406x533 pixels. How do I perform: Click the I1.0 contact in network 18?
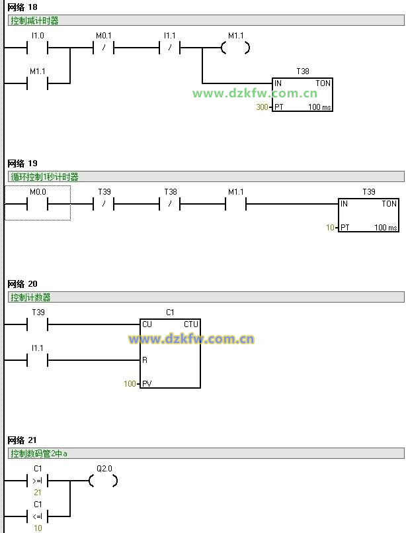pyautogui.click(x=37, y=48)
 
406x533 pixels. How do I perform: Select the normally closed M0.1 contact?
pyautogui.click(x=104, y=48)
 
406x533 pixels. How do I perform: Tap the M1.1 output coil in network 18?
pyautogui.click(x=235, y=48)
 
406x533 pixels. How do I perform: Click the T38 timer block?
pyautogui.click(x=302, y=95)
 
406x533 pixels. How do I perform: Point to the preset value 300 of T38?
pyautogui.click(x=262, y=107)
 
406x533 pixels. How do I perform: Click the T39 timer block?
pyautogui.click(x=368, y=215)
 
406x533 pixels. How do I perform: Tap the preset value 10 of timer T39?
pyautogui.click(x=331, y=228)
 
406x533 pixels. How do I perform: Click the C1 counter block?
pyautogui.click(x=170, y=354)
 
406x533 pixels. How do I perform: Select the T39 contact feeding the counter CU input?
pyautogui.click(x=37, y=324)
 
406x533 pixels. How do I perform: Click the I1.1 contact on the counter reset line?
pyautogui.click(x=37, y=360)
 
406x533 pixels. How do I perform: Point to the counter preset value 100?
pyautogui.click(x=130, y=384)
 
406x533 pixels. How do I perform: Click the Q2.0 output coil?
pyautogui.click(x=104, y=481)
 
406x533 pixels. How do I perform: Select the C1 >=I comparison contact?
pyautogui.click(x=37, y=481)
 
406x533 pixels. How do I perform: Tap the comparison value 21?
pyautogui.click(x=37, y=493)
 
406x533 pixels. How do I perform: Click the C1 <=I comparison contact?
pyautogui.click(x=37, y=516)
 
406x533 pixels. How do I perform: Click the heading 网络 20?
pyautogui.click(x=22, y=284)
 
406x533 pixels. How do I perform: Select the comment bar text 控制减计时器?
pyautogui.click(x=34, y=21)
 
